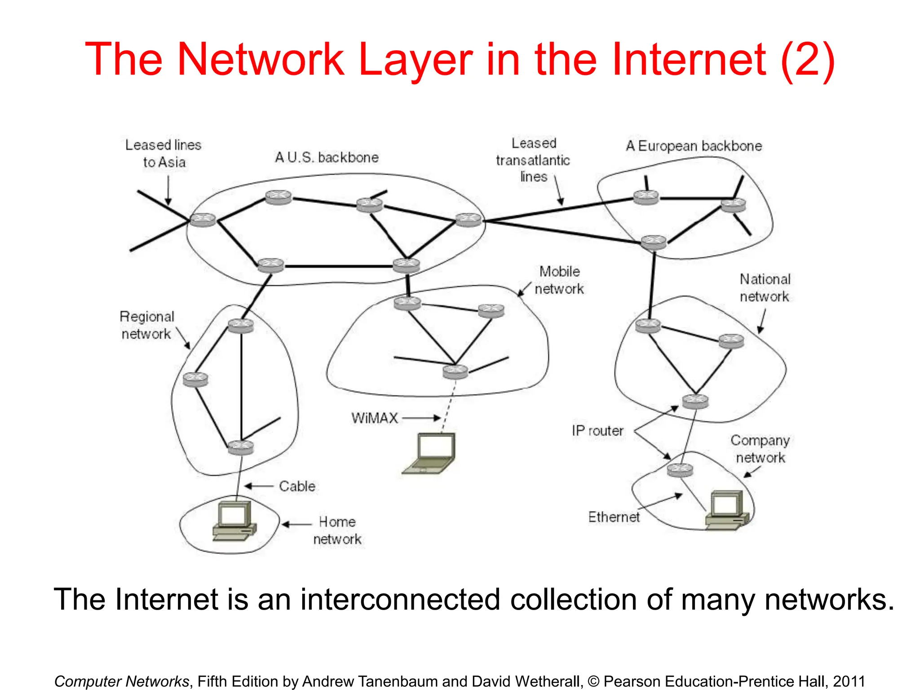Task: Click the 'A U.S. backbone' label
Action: point(327,157)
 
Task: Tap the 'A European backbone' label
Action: point(694,146)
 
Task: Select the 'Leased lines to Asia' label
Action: point(164,154)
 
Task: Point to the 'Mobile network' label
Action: point(559,280)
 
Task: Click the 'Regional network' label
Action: point(146,325)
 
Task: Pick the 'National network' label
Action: point(765,287)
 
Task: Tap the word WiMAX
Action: point(375,418)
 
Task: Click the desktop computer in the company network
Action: point(727,510)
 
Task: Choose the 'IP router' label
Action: point(597,430)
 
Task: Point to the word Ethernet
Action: point(614,517)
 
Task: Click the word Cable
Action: point(297,486)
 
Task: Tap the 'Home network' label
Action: point(337,530)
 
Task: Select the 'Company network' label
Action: point(760,449)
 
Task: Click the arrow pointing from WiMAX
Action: point(421,418)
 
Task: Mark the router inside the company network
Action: point(680,470)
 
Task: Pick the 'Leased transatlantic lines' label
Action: point(533,160)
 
